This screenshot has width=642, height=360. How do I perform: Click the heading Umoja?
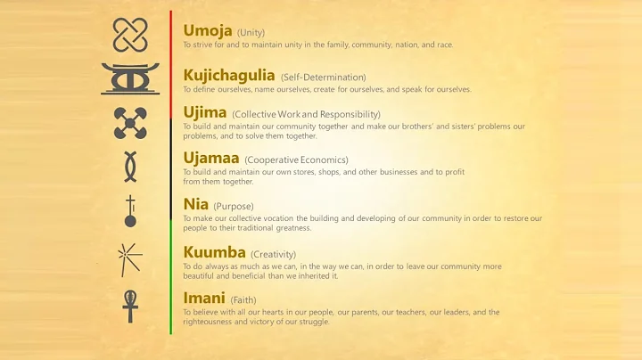(208, 30)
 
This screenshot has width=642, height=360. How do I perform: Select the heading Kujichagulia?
(229, 75)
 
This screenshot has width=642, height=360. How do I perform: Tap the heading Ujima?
(204, 112)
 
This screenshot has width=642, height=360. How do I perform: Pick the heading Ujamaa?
(210, 158)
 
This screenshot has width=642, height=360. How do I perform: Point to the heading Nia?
(195, 204)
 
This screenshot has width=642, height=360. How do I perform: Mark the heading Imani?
(204, 298)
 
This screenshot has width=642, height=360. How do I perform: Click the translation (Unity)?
(251, 32)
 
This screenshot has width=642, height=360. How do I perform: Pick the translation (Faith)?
(243, 299)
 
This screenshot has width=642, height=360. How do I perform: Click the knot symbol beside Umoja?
(130, 35)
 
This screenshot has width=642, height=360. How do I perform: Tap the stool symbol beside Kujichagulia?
(130, 78)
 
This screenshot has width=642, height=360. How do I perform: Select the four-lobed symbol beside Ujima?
(130, 123)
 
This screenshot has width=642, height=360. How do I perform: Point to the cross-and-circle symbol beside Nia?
(130, 212)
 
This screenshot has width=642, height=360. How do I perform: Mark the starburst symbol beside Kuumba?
(130, 258)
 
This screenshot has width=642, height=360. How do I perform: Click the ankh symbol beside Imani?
(130, 305)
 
